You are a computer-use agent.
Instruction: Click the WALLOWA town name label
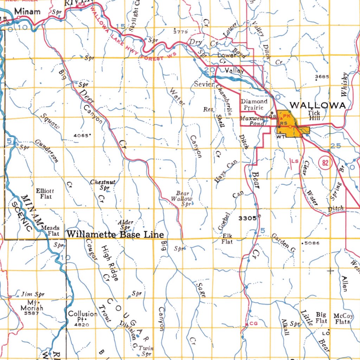[x=317, y=105]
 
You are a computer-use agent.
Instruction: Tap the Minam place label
[x=27, y=12]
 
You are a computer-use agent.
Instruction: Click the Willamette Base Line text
[x=115, y=234]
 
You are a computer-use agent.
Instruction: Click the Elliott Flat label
[x=45, y=194]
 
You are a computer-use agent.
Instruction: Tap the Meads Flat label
[x=50, y=230]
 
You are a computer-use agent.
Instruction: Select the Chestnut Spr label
[x=103, y=185]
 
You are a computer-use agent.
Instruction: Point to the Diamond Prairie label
[x=254, y=104]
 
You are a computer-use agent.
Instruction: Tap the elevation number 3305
[x=247, y=218]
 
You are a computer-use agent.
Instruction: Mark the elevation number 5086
[x=311, y=243]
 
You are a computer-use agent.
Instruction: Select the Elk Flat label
[x=227, y=239]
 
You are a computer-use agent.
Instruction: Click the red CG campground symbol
[x=253, y=323]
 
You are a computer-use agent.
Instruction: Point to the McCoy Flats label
[x=341, y=319]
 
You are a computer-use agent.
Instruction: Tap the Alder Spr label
[x=126, y=225]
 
